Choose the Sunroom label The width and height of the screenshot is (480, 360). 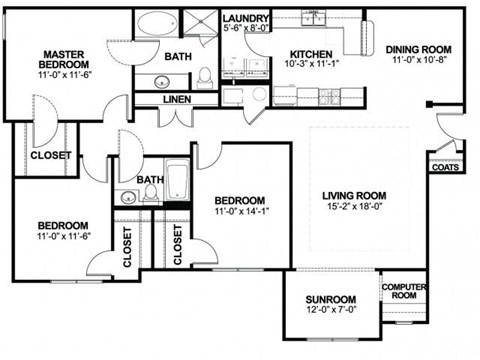pyautogui.click(x=330, y=299)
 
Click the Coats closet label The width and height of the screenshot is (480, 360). pyautogui.click(x=445, y=167)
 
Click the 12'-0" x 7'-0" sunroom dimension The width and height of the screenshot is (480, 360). pyautogui.click(x=330, y=312)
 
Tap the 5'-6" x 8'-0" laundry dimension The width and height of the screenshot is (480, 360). pyautogui.click(x=243, y=30)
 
